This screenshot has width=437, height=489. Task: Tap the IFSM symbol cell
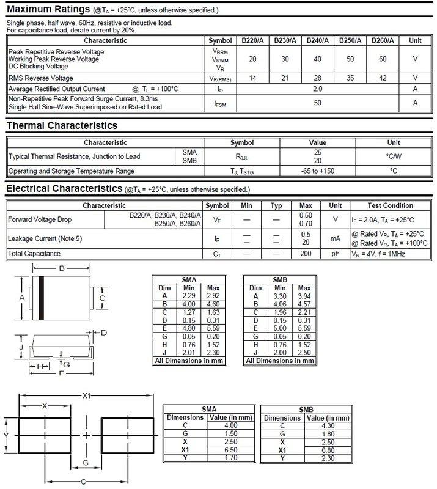click(x=220, y=103)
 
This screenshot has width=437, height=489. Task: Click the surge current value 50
click(x=318, y=103)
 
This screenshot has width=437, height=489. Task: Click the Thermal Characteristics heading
click(x=61, y=126)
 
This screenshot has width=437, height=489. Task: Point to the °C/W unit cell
click(x=394, y=156)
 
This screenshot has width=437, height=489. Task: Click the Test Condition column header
click(x=391, y=206)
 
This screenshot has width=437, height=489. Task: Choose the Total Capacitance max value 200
click(x=307, y=253)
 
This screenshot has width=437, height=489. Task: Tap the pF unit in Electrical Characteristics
click(x=336, y=253)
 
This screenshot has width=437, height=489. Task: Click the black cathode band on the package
click(x=42, y=298)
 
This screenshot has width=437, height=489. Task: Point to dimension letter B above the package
click(x=62, y=269)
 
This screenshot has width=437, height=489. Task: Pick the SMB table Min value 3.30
click(x=279, y=296)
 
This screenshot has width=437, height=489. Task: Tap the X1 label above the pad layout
click(x=86, y=396)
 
